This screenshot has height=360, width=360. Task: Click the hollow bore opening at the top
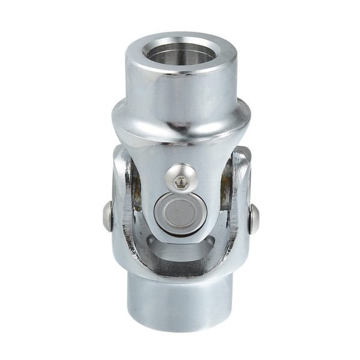point(181,53)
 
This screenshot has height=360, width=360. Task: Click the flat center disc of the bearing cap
point(181,213)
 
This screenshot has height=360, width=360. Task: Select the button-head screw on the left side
point(107,216)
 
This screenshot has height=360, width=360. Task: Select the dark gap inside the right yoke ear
point(226,189)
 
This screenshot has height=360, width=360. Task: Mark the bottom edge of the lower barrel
point(180,328)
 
